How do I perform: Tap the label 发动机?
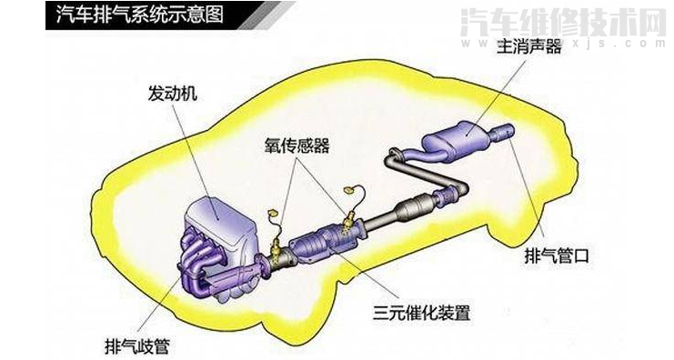pyautogui.click(x=170, y=95)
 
